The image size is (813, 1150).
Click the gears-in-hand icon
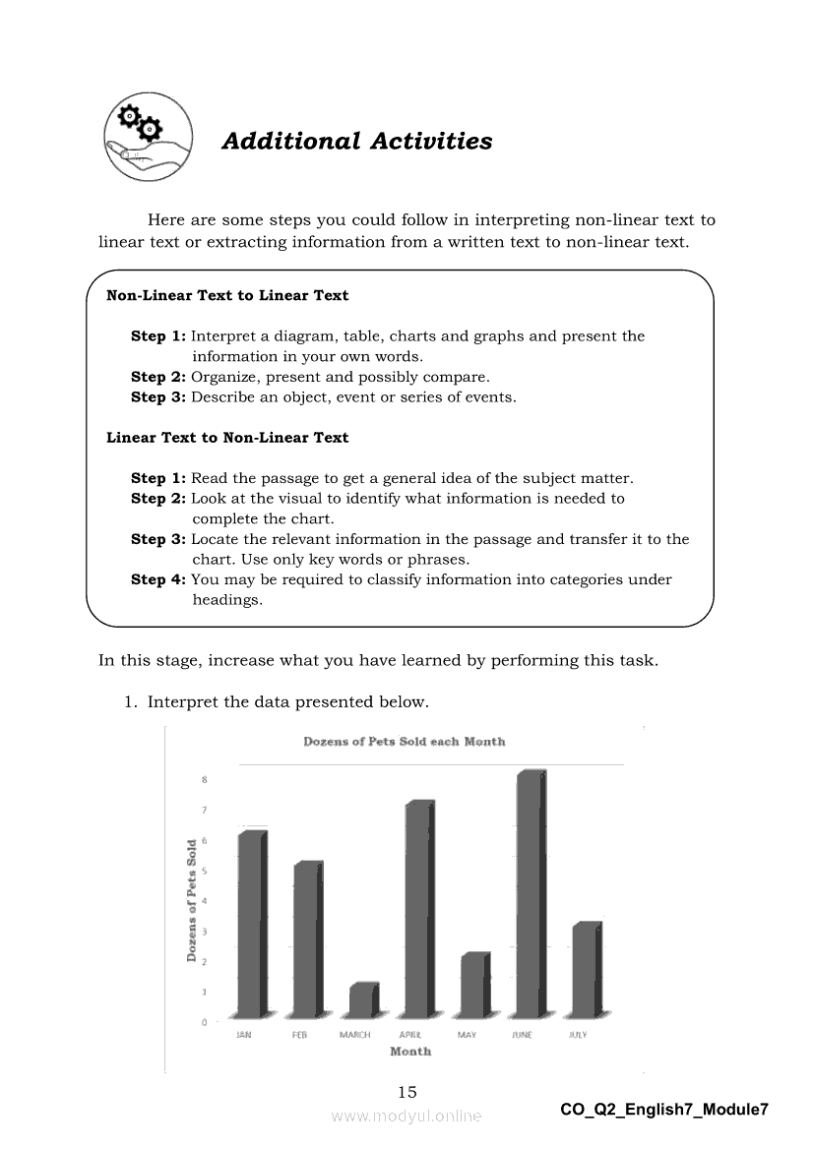pos(141,140)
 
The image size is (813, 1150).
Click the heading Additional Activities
pos(356,142)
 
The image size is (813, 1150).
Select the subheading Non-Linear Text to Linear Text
pos(227,295)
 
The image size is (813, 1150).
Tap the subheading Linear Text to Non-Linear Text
pos(227,438)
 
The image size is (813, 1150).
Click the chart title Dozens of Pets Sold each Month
pos(405,742)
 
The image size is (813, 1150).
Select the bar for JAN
pos(252,925)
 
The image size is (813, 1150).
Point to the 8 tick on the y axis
pos(205,780)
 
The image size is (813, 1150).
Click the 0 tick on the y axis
pos(205,1022)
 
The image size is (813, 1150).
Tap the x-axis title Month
pos(410,1052)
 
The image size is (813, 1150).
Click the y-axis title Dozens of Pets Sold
pos(192,900)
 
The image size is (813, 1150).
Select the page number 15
pos(407,1092)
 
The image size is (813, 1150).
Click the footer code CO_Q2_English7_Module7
pos(663,1110)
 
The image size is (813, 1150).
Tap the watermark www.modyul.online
pos(406,1117)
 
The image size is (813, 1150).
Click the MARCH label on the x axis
pos(354,1035)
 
